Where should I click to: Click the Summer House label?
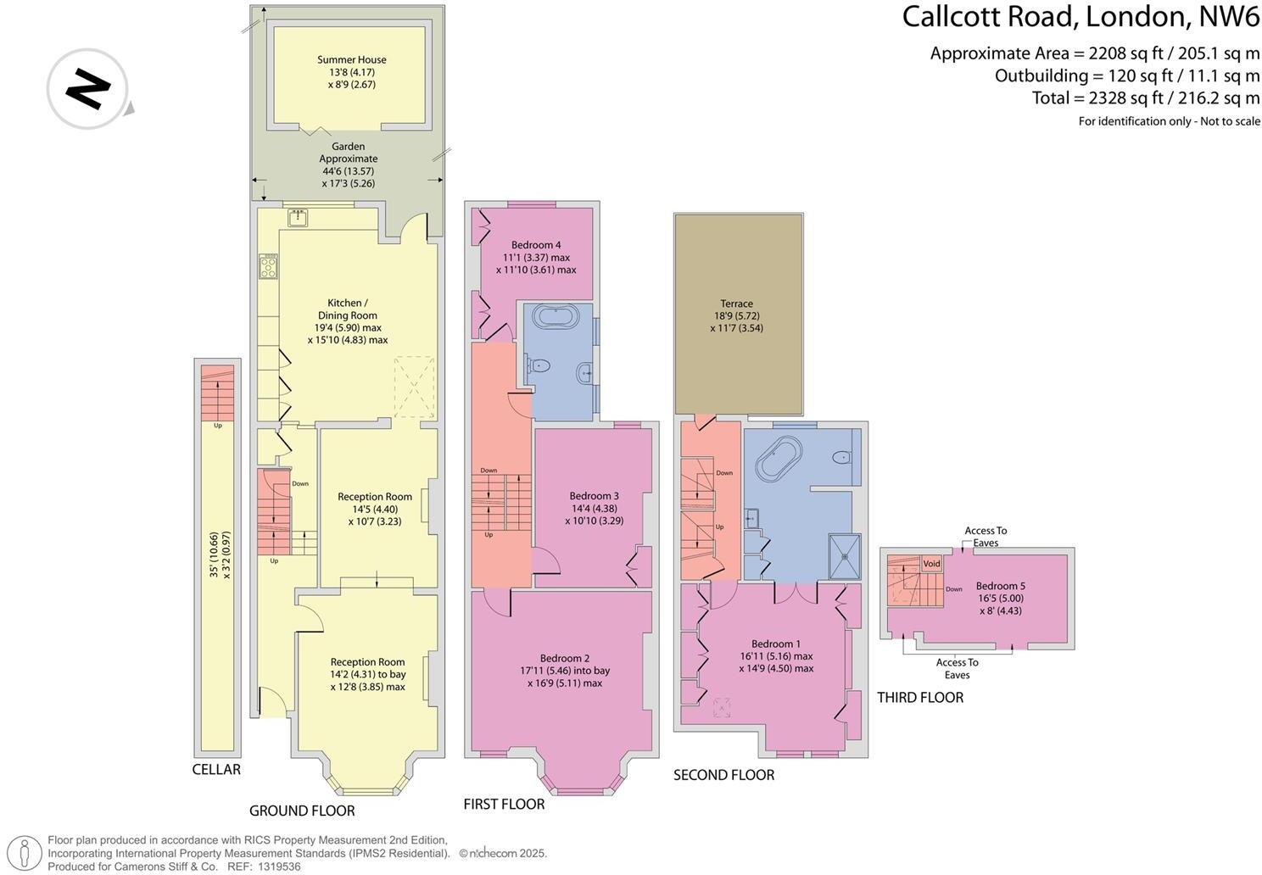coord(351,60)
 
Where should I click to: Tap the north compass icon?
coord(87,88)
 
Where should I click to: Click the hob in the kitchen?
coord(269,267)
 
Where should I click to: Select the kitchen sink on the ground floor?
coord(299,218)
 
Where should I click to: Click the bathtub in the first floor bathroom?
coord(556,318)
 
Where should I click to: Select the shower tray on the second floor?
coord(843,556)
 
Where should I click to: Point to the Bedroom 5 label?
coord(1000,586)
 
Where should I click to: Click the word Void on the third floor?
coord(932,564)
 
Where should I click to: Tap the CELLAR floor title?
coord(216,770)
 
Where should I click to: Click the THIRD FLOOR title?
coord(920,698)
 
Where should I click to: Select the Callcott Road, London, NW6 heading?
coord(1081,17)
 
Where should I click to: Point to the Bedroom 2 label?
coord(565,658)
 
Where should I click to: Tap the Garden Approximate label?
coord(348,153)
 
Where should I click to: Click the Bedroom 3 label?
coord(594,496)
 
